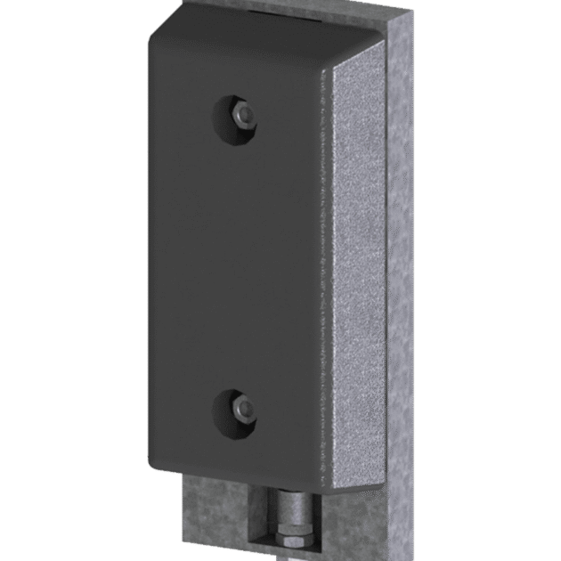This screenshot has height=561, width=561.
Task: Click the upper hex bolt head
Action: coord(241,114)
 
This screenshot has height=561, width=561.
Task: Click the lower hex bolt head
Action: coord(240,408)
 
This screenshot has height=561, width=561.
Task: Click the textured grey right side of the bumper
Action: coord(361,267)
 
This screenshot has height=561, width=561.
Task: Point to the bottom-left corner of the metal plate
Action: coord(185,557)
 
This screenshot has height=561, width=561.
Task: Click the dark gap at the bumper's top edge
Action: coord(267,12)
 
